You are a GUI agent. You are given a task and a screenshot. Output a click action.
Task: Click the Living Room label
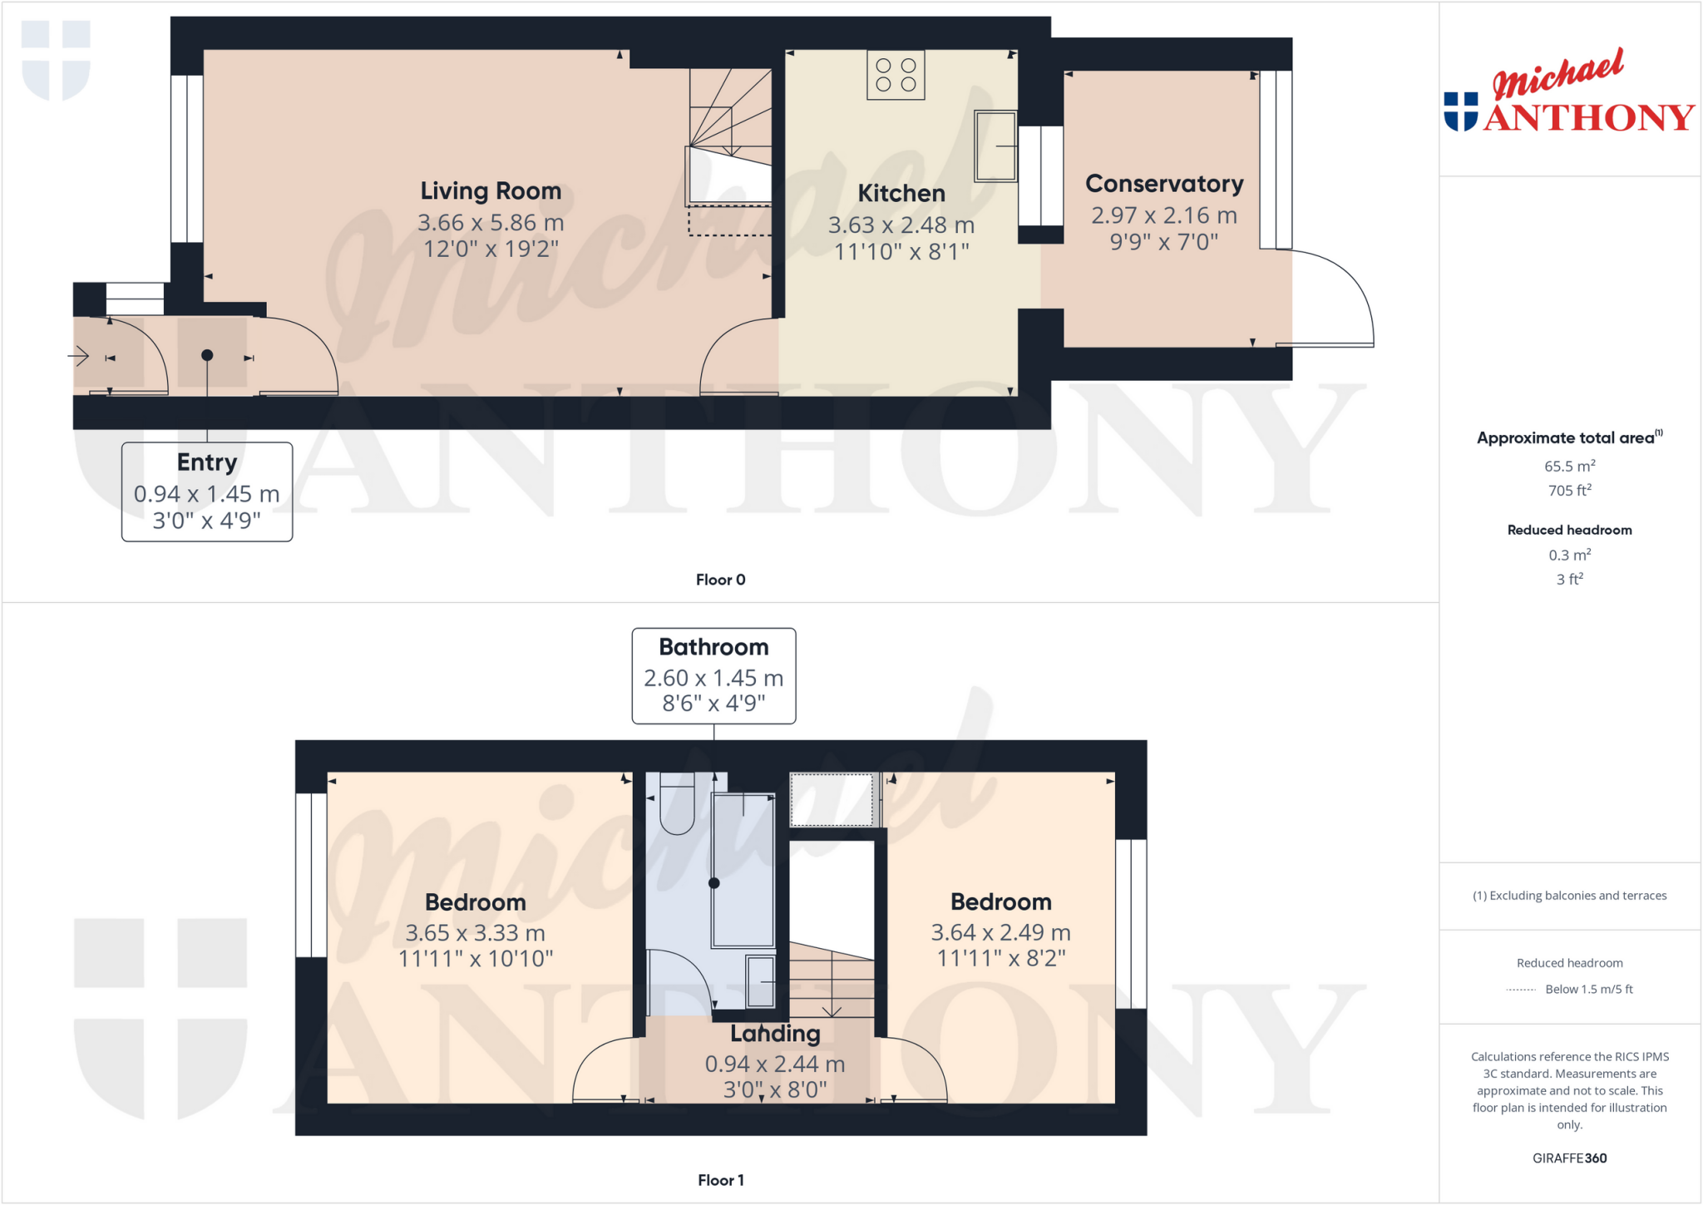(491, 191)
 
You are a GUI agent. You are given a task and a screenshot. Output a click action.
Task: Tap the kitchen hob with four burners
(896, 75)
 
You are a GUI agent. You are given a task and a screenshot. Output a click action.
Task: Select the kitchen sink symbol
(995, 146)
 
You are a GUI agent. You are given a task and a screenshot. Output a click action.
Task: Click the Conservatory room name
(1164, 184)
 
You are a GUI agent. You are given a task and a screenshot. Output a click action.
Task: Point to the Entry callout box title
(207, 462)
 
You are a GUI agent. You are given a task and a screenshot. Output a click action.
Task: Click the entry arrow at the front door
(78, 357)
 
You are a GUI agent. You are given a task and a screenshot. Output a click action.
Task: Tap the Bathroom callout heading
(713, 647)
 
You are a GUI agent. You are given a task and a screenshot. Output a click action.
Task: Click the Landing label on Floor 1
(775, 1034)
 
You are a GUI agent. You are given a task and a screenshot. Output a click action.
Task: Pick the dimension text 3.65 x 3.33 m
(475, 933)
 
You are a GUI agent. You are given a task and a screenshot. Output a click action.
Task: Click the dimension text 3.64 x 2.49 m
(1000, 933)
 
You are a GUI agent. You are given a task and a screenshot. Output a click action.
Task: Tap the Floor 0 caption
(720, 580)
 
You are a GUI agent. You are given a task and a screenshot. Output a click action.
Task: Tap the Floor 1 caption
(720, 1180)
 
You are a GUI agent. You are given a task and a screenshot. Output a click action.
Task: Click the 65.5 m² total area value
(1569, 467)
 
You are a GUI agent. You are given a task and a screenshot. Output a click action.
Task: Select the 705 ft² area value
(1569, 491)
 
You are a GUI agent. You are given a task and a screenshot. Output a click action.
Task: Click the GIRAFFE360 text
(1569, 1158)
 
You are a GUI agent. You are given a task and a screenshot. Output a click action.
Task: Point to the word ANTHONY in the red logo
(1588, 118)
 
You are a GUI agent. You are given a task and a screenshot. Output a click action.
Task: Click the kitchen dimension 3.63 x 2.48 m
(901, 225)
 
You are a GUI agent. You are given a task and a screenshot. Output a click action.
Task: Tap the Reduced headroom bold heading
(1569, 530)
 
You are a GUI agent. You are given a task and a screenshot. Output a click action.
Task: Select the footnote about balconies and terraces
(1569, 896)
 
